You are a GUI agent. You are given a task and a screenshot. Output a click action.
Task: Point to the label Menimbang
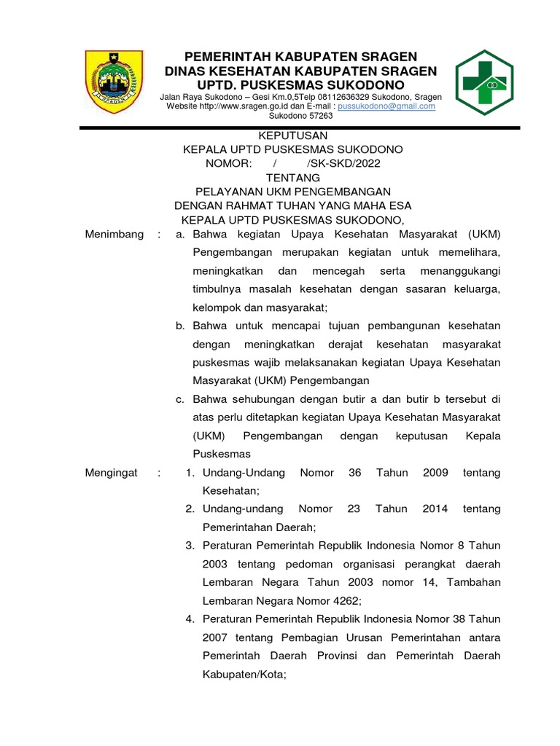114,234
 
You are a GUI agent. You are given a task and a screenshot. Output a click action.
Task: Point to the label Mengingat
112,473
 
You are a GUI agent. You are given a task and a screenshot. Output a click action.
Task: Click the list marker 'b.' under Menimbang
180,326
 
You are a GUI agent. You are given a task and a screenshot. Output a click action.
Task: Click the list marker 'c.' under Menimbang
180,399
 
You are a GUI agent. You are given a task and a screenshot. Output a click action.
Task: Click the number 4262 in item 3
342,601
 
